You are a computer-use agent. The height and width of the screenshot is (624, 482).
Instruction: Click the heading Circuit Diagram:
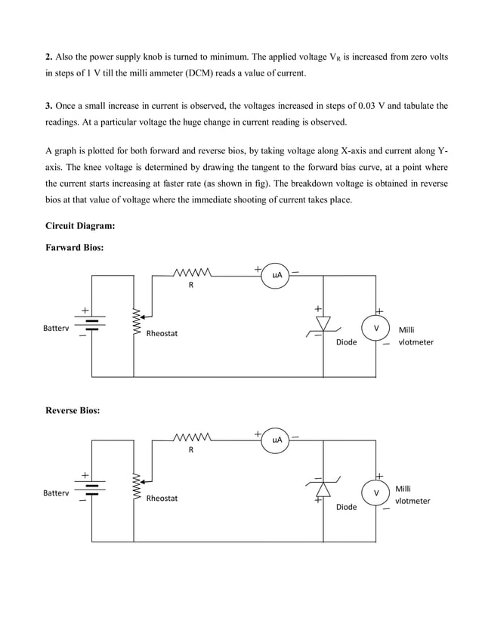pos(80,225)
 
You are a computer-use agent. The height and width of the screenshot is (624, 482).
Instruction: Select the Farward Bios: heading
pos(74,247)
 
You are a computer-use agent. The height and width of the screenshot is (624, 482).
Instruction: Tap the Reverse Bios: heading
pos(73,410)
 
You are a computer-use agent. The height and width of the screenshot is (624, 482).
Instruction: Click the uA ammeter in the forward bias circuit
pos(277,276)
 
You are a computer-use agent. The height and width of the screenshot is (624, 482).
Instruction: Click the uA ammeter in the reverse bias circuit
pos(277,440)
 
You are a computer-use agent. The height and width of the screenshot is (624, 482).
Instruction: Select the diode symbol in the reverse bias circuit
pos(323,488)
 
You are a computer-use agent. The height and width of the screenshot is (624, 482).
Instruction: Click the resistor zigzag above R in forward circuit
pos(191,273)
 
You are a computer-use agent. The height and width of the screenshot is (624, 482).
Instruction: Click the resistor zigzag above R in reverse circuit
pos(191,437)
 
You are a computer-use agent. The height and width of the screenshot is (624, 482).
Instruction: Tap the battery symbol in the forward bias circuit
pos(91,323)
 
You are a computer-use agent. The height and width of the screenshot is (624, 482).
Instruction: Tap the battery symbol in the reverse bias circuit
pos(91,487)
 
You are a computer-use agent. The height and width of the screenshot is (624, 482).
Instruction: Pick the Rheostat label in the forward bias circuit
pos(162,334)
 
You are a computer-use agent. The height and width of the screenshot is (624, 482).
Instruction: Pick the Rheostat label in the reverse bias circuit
pos(162,499)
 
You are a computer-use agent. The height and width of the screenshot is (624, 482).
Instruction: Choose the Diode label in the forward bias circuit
pos(346,342)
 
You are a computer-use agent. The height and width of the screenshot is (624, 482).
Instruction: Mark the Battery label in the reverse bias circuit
pos(56,493)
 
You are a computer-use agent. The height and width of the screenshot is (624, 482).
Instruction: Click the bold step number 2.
pos(48,58)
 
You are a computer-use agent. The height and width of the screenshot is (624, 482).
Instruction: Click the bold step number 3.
pos(48,106)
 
